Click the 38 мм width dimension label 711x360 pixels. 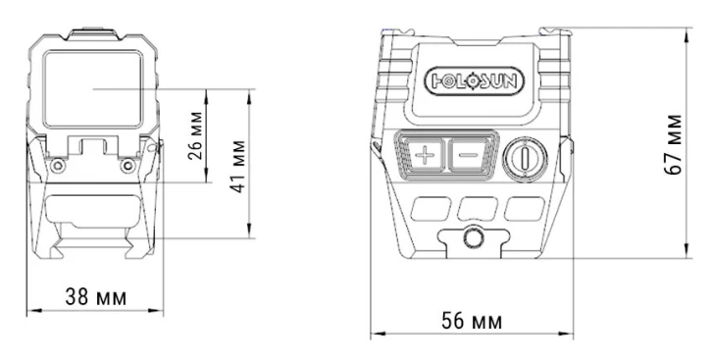pos(96,297)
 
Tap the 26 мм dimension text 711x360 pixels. pos(195,135)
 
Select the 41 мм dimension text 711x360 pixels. pos(238,167)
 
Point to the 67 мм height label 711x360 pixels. pos(673,144)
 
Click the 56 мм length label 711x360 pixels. pos(472,321)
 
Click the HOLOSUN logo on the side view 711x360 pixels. pos(474,81)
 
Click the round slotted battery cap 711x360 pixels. pos(525,160)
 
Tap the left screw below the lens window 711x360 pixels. pos(57,166)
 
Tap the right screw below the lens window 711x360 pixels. pos(127,166)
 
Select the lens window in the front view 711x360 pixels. pos(93,89)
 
